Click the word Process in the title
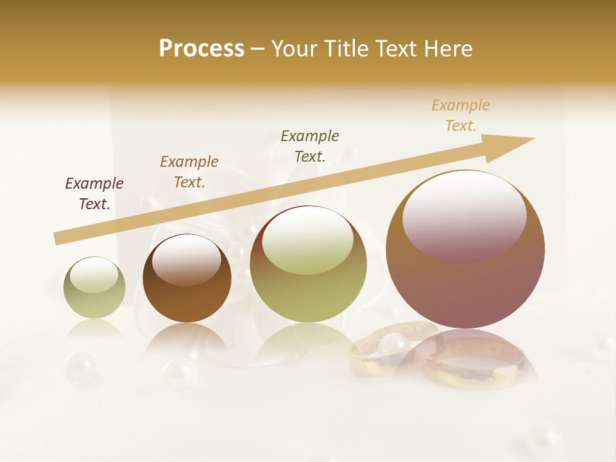pos(201,49)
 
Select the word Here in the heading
pos(448,49)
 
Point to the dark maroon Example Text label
pos(94,194)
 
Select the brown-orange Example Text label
pos(189,172)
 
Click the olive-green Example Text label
pos(310,146)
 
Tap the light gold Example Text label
pos(461,116)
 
